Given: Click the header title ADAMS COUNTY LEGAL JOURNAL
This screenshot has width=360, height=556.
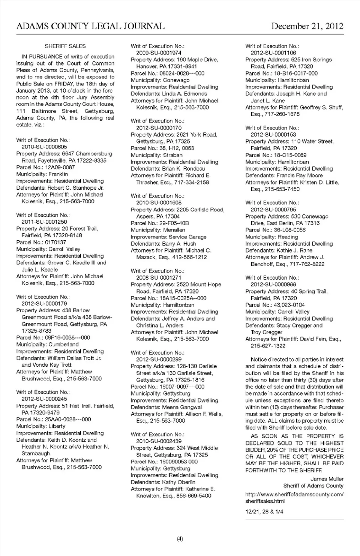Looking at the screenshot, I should point(90,26).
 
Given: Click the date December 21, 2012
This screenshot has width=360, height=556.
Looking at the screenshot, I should point(307,26).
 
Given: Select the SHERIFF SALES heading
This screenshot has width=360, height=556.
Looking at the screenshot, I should point(65,46).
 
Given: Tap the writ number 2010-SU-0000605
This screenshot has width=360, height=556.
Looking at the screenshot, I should point(44,147).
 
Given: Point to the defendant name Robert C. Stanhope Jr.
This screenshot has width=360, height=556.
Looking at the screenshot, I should point(75,188).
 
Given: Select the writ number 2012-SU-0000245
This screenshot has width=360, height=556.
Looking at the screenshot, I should point(44,399).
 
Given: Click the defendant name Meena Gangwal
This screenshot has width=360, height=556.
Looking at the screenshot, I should point(182,407).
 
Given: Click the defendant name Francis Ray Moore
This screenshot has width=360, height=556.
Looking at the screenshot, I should point(300,175).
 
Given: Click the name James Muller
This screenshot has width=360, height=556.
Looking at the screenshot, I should point(327,479).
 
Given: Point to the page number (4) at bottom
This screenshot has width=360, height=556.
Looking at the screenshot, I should point(180,539).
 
